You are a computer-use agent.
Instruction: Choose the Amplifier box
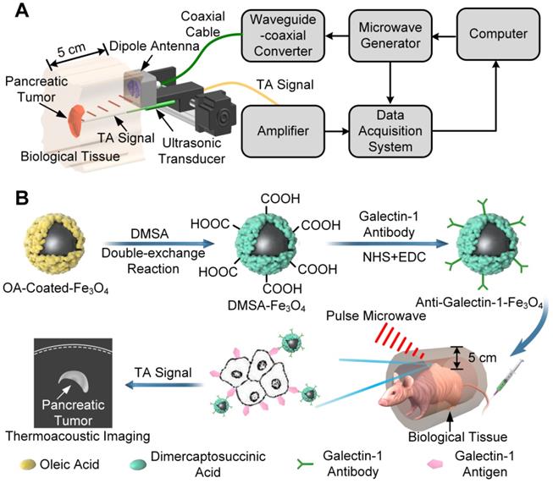(283, 133)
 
